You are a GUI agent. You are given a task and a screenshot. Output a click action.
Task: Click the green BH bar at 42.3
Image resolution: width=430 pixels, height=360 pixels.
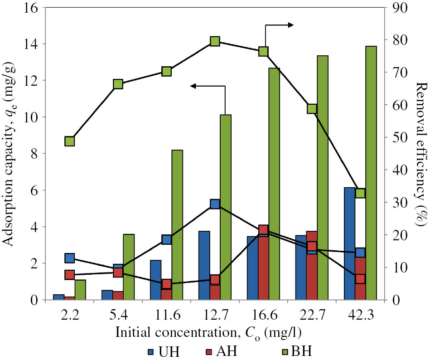coord(371,173)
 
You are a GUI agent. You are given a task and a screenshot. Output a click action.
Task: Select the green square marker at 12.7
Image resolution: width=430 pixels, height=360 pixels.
coord(215,41)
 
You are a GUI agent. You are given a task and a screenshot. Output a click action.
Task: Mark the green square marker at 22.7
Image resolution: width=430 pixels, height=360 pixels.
coord(312,108)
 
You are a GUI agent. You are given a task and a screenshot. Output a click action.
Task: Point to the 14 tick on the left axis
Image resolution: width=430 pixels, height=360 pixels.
coord(33,44)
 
